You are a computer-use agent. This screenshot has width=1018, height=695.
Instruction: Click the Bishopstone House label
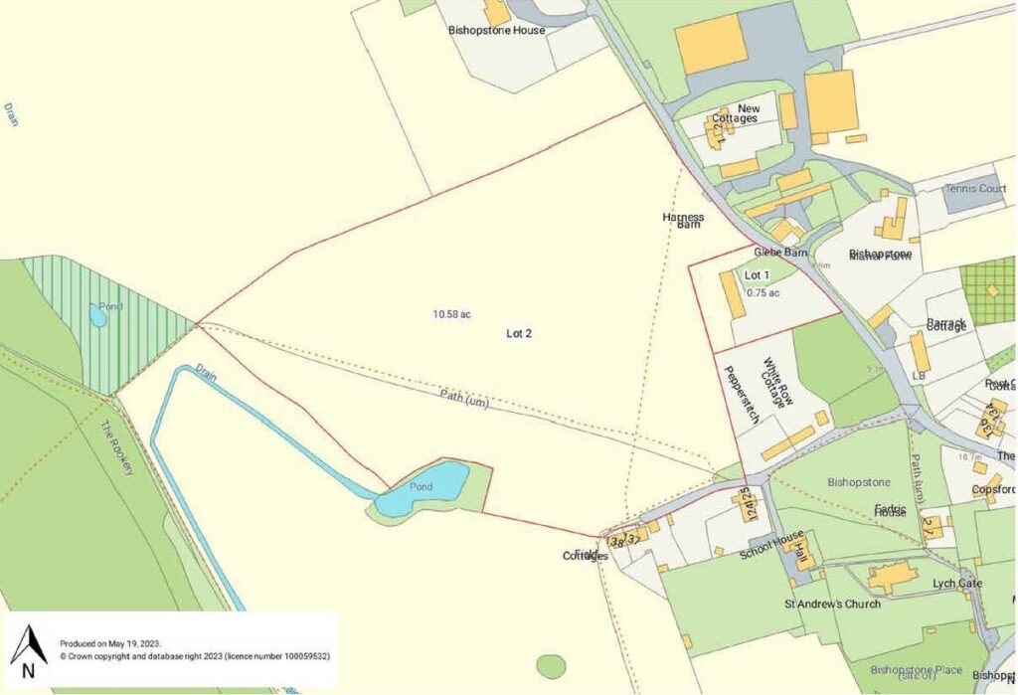pos(496,31)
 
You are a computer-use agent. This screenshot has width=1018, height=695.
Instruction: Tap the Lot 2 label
pos(519,334)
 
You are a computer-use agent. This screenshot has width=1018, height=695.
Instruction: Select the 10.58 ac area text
pos(451,314)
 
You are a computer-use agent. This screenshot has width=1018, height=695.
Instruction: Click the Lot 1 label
pos(757,274)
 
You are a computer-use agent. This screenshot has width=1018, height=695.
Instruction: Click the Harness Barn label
pos(683,221)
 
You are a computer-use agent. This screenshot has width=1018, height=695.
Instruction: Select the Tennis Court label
pos(974,189)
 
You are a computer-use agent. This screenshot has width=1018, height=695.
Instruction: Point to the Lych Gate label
pos(956,584)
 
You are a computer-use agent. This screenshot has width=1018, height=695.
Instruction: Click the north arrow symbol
pos(28,651)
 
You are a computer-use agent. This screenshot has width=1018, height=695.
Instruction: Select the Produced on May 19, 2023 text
pos(110,643)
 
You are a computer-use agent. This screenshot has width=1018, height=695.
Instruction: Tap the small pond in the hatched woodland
pos(97,316)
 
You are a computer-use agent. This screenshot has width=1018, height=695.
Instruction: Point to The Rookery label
pos(116,448)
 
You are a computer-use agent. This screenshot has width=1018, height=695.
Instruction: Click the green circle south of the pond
pos(550,666)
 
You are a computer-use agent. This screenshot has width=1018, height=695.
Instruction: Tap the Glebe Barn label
pos(780,253)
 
